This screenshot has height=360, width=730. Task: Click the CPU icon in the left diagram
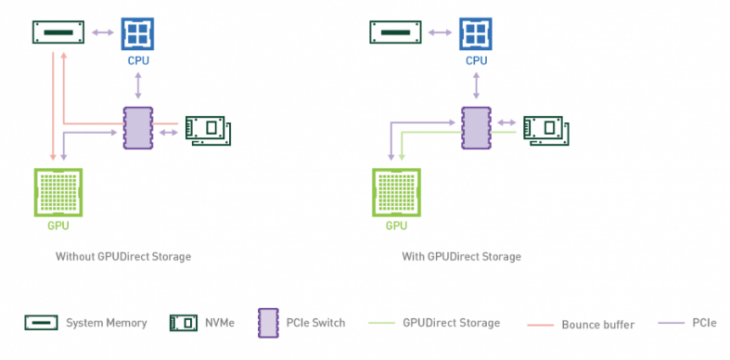click(138, 34)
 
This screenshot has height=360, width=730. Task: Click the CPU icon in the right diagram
click(476, 34)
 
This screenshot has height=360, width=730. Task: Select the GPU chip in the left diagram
click(58, 192)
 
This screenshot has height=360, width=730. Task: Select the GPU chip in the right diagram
click(396, 192)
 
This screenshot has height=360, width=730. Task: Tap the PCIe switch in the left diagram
click(137, 127)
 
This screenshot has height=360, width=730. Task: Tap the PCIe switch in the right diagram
click(476, 127)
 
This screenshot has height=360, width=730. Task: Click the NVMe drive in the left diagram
click(207, 130)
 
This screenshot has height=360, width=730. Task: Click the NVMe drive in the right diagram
click(545, 130)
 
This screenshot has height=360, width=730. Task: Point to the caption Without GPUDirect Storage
click(122, 256)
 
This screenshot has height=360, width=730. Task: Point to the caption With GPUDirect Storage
click(461, 256)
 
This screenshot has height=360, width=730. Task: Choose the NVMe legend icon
click(184, 323)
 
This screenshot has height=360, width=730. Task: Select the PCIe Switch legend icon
click(270, 323)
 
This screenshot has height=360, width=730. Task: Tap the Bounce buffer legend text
click(597, 324)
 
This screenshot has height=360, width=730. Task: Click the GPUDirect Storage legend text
click(451, 323)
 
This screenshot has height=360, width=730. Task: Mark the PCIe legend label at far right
click(704, 323)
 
